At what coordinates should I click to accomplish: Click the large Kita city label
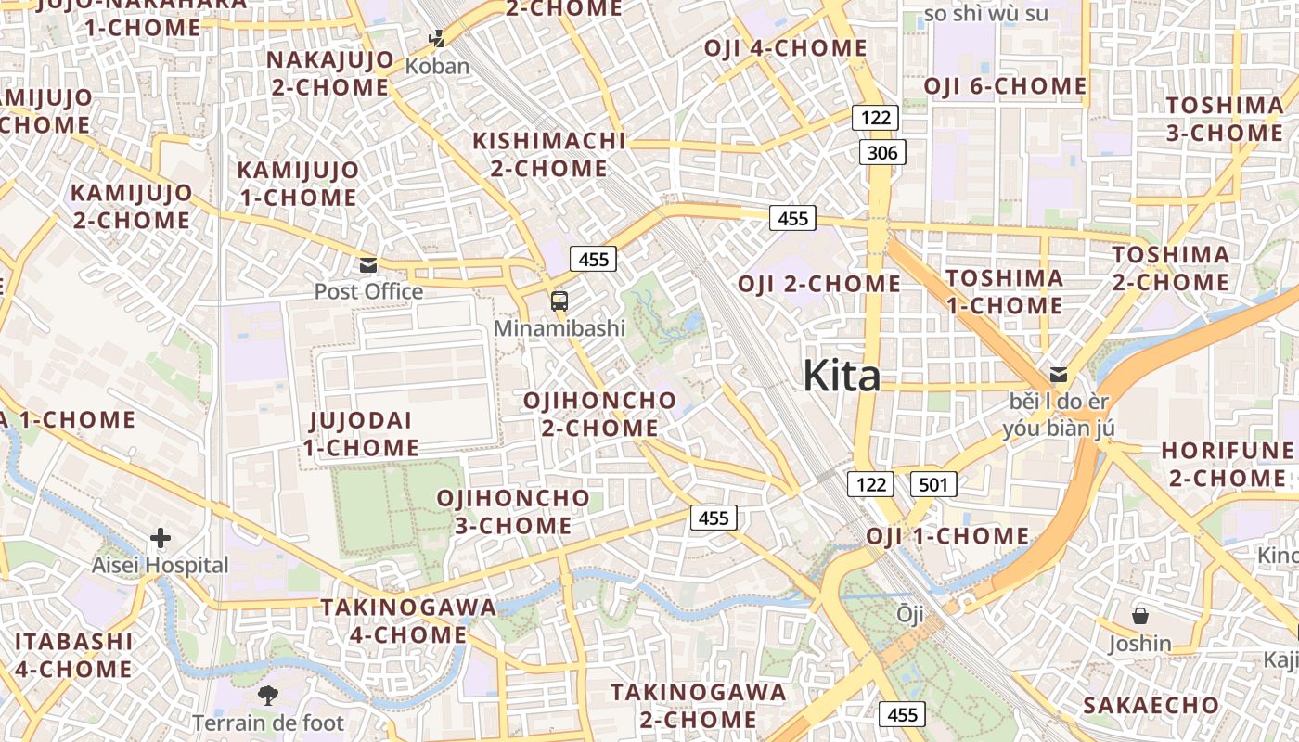coord(842,376)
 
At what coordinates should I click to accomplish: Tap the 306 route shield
coord(881,152)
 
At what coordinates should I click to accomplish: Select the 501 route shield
coord(933,483)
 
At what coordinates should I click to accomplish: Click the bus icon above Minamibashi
coord(559,301)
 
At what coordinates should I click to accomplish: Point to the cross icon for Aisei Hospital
coord(161,538)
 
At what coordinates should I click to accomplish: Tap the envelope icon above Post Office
coord(368,265)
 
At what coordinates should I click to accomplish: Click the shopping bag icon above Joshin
coord(1139,616)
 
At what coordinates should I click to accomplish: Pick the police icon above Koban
coord(437,39)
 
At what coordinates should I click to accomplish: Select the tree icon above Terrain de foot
coord(267,695)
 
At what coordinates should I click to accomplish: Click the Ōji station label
coord(909,613)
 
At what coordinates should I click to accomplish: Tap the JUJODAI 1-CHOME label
coord(361,433)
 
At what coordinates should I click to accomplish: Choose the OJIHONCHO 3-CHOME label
coord(513,511)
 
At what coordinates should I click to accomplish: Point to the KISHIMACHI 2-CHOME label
coord(549,154)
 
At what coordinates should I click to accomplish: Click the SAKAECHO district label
coord(1151,705)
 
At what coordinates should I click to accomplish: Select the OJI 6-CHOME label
coord(1005,86)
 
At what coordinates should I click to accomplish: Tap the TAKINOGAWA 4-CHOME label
coord(408,620)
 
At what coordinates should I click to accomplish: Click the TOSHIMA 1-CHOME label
coord(1004,291)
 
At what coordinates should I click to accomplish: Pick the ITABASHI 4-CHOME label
coord(73,655)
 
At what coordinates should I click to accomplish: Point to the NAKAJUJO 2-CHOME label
coord(328,73)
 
